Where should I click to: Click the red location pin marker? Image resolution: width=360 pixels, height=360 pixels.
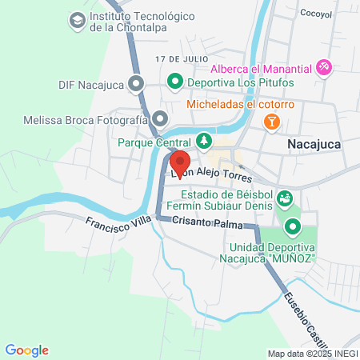point(179,161)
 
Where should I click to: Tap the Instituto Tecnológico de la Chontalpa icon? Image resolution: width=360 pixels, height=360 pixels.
point(78,19)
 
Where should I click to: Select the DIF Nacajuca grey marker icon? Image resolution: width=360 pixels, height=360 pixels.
point(137,82)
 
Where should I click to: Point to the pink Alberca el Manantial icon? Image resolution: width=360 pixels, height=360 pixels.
point(324,67)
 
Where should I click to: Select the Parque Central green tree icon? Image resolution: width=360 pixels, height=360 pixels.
point(205,142)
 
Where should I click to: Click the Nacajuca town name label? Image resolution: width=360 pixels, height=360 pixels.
point(314,144)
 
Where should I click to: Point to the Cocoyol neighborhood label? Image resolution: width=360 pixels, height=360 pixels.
point(314,14)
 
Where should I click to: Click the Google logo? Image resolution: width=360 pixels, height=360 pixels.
point(27,350)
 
